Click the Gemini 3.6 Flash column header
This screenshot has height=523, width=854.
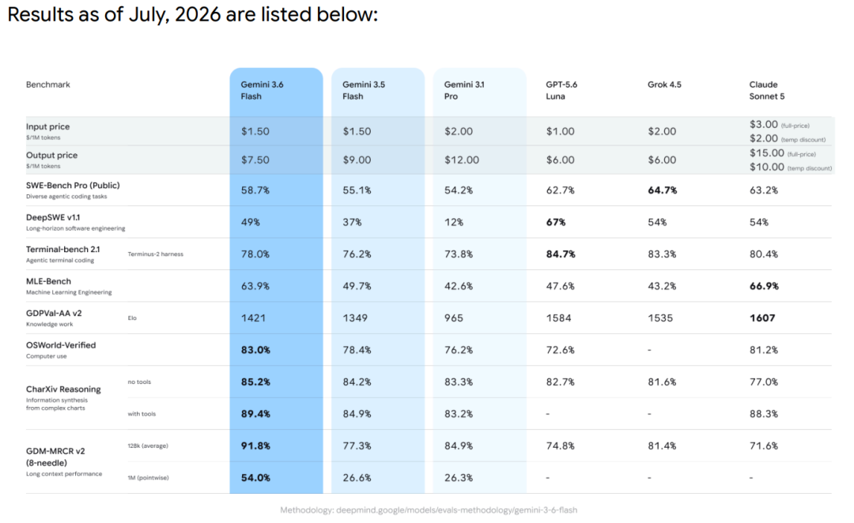[x=262, y=90]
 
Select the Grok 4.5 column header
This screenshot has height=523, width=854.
[x=664, y=85]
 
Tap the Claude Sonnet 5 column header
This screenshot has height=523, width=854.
[x=767, y=90]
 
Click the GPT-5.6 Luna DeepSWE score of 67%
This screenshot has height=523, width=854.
[x=556, y=222]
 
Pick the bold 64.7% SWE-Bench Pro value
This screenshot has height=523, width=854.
[x=663, y=190]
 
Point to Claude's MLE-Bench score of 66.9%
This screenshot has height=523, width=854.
[x=764, y=286]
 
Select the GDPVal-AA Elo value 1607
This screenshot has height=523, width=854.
[x=762, y=318]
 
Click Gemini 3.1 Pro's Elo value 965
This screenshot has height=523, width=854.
[x=454, y=318]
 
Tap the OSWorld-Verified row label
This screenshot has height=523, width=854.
[x=61, y=345]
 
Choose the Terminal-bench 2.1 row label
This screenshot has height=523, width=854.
[x=63, y=250]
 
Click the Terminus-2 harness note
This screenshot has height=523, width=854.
[x=156, y=254]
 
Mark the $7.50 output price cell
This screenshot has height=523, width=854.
[x=255, y=160]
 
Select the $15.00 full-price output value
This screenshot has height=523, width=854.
[x=767, y=153]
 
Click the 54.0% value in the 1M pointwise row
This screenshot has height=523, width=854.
[x=255, y=478]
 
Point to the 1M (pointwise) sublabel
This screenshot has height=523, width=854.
[x=148, y=478]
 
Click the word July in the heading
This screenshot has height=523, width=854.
[x=147, y=15]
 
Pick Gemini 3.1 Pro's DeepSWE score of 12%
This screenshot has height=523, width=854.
[x=454, y=222]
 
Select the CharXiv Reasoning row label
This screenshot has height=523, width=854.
[x=64, y=389]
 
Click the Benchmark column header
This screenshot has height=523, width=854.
[x=48, y=85]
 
